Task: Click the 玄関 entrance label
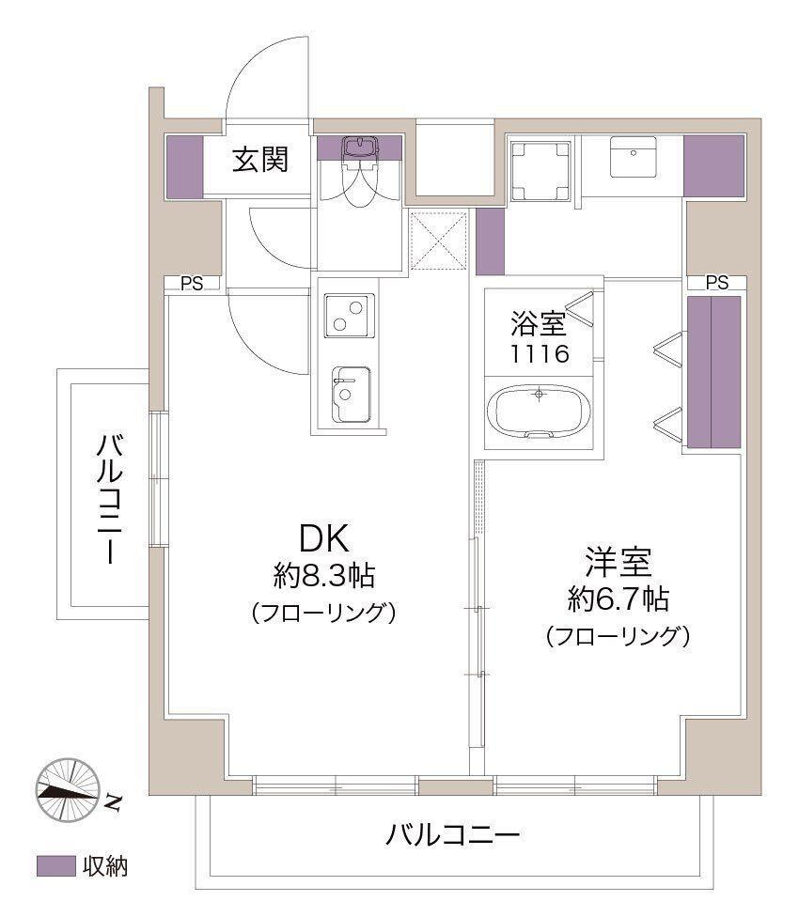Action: (260, 159)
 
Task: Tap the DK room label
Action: (324, 538)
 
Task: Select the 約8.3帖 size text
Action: (324, 575)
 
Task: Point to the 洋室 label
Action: (619, 562)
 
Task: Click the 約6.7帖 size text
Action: (619, 598)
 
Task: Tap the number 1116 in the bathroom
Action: (540, 354)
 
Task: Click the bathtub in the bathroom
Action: (539, 412)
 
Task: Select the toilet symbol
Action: (358, 171)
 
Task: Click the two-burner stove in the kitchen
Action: (349, 316)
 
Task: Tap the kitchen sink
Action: (351, 395)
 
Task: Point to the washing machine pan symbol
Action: (540, 170)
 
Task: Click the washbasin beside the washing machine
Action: (633, 157)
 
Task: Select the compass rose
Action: (69, 789)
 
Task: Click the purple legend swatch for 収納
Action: (56, 866)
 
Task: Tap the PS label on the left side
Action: (191, 284)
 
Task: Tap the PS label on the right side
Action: (717, 283)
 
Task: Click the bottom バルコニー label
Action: (452, 834)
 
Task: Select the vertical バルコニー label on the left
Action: (110, 498)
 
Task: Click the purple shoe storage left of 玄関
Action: (184, 166)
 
